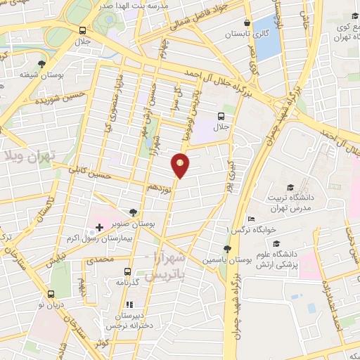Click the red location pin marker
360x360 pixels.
coord(181,165)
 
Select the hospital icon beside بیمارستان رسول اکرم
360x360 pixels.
coord(99,228)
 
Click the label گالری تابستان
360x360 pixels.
coord(242,33)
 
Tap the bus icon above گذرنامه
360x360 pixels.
coord(128,271)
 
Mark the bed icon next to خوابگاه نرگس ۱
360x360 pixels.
coord(252,219)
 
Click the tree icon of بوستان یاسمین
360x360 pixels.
coord(226,249)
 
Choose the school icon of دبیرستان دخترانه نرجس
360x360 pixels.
coord(129,305)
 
